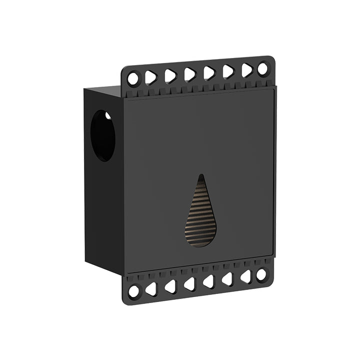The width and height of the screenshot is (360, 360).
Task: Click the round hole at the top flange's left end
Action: coord(133,78)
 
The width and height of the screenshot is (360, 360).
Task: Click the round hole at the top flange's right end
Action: coord(262,69)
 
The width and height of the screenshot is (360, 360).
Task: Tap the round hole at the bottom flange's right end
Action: coord(261,274)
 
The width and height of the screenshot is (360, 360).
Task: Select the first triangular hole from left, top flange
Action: coord(151,77)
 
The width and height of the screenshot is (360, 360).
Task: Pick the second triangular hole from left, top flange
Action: coord(170,75)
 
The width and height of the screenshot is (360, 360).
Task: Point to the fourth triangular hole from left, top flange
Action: coord(209,73)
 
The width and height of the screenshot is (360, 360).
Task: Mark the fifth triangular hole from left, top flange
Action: coord(228,71)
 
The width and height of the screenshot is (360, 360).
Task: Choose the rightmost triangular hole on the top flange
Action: coord(246,70)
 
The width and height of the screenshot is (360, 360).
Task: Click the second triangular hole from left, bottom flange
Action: coord(170,286)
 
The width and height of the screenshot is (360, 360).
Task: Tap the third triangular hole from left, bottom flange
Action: coord(189,284)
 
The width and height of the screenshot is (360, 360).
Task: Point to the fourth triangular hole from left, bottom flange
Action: coord(208,281)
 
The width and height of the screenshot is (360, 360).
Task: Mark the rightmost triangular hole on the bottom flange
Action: coord(245,276)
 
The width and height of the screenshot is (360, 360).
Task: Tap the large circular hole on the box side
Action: coord(102,135)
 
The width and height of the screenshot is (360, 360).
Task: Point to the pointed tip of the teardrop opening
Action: coord(201,176)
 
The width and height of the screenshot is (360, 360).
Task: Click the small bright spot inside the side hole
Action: coord(107,116)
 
